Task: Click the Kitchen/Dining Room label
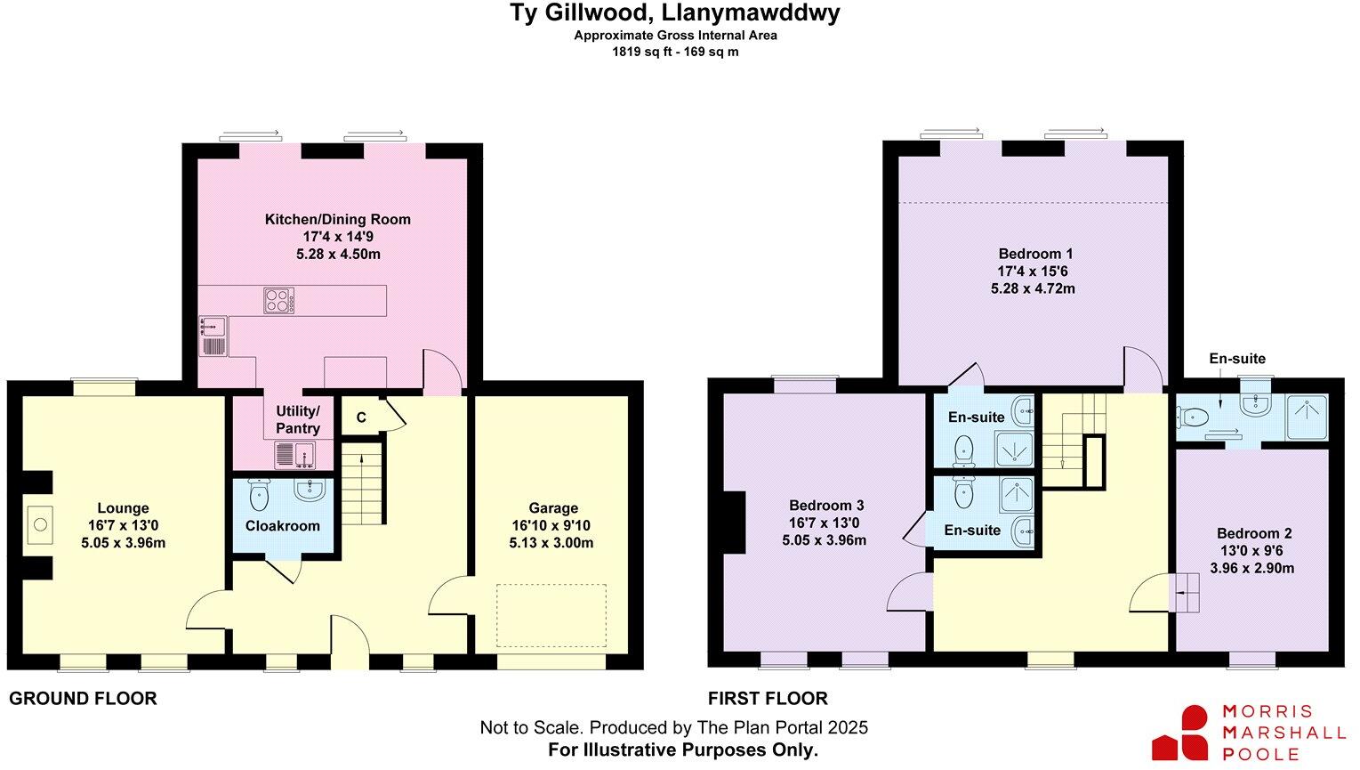pyautogui.click(x=338, y=219)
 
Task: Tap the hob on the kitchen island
pyautogui.click(x=279, y=300)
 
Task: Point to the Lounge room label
pyautogui.click(x=123, y=508)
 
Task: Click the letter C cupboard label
pyautogui.click(x=361, y=417)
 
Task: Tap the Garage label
pyautogui.click(x=552, y=508)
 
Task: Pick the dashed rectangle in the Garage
pyautogui.click(x=551, y=615)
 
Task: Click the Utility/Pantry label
pyautogui.click(x=297, y=419)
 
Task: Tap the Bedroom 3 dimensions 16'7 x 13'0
pyautogui.click(x=824, y=523)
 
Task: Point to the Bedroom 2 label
pyautogui.click(x=1254, y=533)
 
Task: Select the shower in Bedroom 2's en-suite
pyautogui.click(x=1307, y=417)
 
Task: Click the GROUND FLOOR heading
pyautogui.click(x=83, y=699)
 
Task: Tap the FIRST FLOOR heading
pyautogui.click(x=768, y=699)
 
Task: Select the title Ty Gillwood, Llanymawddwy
pyautogui.click(x=674, y=14)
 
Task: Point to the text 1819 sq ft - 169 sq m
pyautogui.click(x=675, y=52)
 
